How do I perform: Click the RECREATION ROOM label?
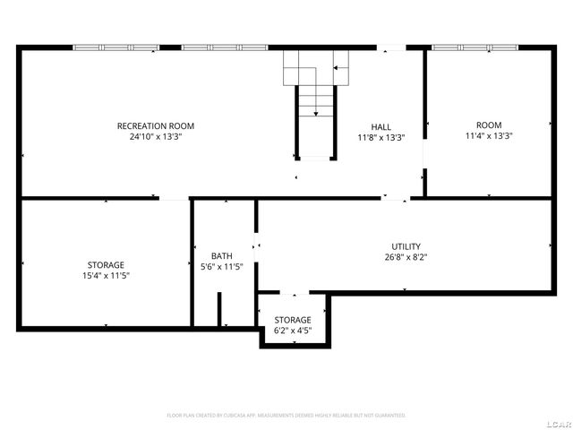(x=156, y=125)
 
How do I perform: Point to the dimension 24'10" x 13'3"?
(x=156, y=137)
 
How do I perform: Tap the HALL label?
(x=381, y=126)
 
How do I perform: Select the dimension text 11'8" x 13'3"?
(x=381, y=138)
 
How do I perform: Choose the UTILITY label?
(x=406, y=246)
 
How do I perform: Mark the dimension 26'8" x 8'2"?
(x=406, y=258)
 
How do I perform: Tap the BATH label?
(x=221, y=255)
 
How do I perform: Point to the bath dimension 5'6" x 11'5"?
(x=221, y=267)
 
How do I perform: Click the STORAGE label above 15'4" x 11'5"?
(x=106, y=264)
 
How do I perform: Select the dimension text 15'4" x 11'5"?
(x=106, y=276)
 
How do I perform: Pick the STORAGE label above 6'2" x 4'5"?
(x=293, y=320)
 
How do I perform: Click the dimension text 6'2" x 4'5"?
(x=293, y=331)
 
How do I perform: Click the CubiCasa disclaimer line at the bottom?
(x=286, y=416)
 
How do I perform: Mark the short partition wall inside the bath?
(x=218, y=308)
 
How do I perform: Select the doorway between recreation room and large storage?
(x=175, y=198)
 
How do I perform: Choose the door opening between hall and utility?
(x=395, y=198)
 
